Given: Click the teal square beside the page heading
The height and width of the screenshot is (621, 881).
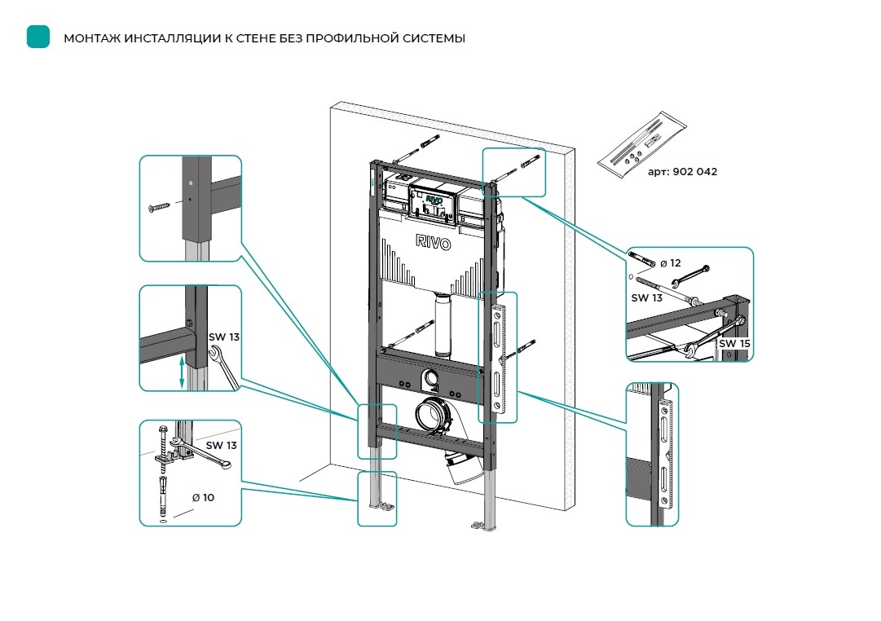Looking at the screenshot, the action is point(38,37).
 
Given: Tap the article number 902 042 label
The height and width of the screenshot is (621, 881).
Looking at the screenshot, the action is point(695,171).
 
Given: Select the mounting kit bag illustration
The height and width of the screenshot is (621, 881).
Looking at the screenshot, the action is point(641,145).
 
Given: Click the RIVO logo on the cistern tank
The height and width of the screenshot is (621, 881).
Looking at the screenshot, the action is point(433,242).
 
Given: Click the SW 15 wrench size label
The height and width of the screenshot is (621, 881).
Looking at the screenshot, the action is point(734,343).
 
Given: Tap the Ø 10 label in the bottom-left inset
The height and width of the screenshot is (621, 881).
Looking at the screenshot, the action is point(203,497).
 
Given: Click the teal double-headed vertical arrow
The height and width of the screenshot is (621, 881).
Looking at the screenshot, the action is point(182,371).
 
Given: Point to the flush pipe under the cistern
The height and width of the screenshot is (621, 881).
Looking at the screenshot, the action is point(443,325).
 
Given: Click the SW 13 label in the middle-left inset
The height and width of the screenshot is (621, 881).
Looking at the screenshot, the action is point(223,337).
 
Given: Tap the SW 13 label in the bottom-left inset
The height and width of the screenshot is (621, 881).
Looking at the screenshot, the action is point(221,445).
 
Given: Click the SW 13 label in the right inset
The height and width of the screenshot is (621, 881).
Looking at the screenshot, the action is point(647,297).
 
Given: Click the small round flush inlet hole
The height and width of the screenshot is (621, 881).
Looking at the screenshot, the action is point(431,377).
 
